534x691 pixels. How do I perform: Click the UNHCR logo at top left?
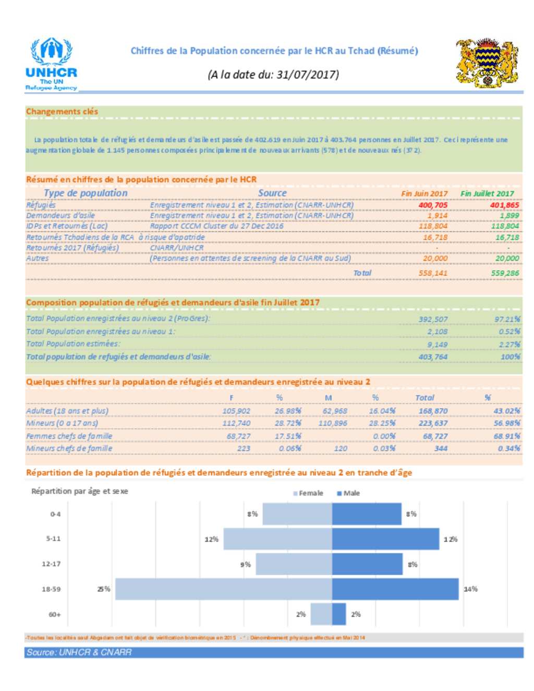(x=51, y=64)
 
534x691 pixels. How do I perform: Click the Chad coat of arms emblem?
(x=487, y=63)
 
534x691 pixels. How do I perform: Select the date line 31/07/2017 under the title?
(x=273, y=75)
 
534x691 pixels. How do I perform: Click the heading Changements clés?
(x=62, y=112)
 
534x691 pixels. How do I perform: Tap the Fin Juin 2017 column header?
(x=424, y=193)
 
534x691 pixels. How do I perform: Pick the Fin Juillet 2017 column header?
(x=487, y=193)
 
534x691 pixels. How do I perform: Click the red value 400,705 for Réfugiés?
(x=433, y=205)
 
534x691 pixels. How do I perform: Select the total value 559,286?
(x=505, y=273)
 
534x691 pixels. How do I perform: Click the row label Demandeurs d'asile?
(x=60, y=215)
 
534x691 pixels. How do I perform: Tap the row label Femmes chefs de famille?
(x=69, y=436)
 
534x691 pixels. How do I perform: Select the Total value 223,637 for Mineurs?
(x=433, y=423)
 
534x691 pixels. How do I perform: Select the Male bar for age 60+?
(x=339, y=614)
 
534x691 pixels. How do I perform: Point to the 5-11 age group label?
(x=53, y=538)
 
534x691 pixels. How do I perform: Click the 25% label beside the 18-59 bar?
(x=104, y=589)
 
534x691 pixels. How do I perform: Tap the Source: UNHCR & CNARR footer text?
(x=79, y=652)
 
